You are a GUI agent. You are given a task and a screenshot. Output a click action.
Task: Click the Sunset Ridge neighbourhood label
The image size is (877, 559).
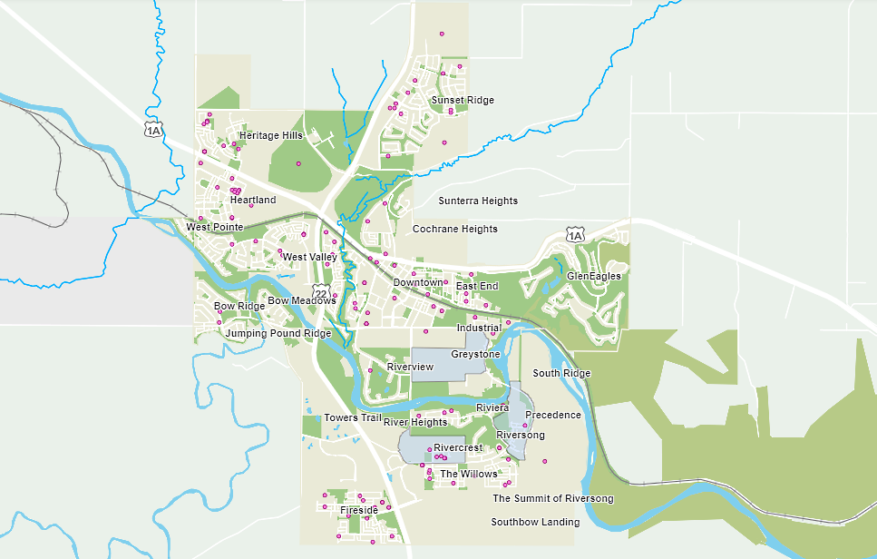463,100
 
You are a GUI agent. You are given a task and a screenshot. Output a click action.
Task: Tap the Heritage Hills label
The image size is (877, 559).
270,135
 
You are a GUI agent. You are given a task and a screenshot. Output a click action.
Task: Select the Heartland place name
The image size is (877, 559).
253,200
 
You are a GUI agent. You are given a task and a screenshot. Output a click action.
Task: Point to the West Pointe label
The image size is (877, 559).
215,227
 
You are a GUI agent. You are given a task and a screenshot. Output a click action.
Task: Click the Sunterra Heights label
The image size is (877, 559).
478,201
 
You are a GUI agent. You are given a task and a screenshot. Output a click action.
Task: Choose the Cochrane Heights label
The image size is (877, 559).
455,230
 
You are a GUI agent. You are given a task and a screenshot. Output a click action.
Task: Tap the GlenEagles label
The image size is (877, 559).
594,276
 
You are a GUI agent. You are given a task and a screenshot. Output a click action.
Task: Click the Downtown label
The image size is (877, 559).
418,283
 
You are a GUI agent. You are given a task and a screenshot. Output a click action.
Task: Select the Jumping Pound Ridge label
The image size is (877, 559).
278,334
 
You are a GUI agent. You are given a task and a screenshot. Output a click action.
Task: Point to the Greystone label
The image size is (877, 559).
475,354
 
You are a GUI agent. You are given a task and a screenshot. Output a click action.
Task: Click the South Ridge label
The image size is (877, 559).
561,374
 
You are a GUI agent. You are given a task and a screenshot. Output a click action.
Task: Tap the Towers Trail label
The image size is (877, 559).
353,418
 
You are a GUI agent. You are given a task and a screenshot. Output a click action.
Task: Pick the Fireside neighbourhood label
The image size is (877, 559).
359,511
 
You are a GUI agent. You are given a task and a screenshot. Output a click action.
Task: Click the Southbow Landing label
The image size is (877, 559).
535,523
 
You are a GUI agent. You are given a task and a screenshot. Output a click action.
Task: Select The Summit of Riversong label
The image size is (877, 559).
553,499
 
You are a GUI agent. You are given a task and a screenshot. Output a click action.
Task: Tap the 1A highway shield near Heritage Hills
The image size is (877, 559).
153,130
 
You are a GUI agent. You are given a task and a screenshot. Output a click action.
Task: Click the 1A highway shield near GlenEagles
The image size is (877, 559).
575,236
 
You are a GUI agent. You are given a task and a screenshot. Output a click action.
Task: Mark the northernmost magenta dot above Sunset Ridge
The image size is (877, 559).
442,34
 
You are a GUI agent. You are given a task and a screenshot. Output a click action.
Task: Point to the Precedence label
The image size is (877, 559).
553,416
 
